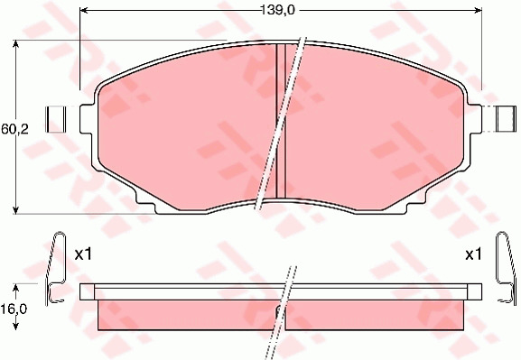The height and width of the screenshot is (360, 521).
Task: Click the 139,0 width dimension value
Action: coord(278,11)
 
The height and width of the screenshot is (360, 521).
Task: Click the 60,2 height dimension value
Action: coord(15,129)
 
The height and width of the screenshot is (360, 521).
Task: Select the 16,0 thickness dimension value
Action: coord(14,309)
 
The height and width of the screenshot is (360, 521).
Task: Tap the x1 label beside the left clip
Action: coord(83,254)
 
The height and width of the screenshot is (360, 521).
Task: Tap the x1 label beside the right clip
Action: coord(473,254)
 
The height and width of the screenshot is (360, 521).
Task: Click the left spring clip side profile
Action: coord(56,268)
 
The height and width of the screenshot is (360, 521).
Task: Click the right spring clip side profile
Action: coord(507,268)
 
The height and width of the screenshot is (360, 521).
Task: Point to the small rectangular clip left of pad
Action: coord(56,119)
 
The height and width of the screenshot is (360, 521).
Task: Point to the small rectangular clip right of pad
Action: coord(506,119)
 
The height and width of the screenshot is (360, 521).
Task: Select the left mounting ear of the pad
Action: coord(87,119)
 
